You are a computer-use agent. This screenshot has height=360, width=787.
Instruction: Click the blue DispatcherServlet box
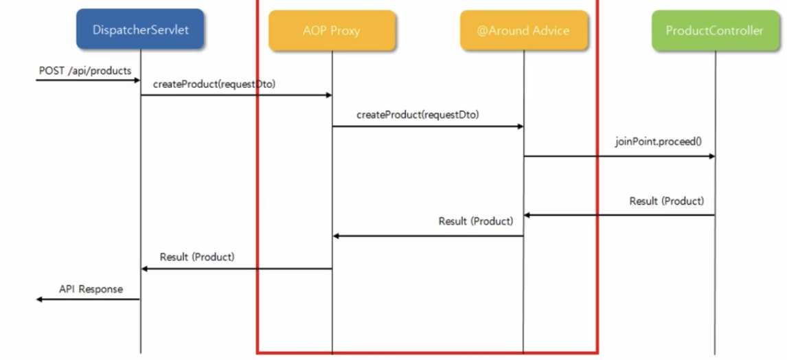140,29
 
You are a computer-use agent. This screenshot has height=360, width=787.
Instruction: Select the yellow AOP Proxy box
332,31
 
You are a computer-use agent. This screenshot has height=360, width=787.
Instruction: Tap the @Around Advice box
523,31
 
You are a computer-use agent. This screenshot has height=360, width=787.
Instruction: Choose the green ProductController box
715,31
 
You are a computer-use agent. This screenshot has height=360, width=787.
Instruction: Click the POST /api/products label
85,70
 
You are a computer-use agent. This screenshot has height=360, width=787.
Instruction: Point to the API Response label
91,289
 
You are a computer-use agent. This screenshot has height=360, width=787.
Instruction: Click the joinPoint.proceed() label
659,141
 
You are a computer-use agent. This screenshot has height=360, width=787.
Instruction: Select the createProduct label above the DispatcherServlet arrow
214,85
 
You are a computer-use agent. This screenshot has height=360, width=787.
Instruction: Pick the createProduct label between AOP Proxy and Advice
418,115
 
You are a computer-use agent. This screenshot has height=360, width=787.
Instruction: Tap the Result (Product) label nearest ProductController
667,201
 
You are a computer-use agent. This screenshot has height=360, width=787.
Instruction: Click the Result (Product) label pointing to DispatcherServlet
197,257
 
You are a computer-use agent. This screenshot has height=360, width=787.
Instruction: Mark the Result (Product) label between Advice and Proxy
476,221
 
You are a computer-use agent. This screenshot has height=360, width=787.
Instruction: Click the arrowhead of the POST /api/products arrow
137,80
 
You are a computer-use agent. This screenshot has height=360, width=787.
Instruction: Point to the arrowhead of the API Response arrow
39,300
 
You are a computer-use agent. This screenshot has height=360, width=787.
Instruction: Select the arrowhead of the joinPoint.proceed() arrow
712,156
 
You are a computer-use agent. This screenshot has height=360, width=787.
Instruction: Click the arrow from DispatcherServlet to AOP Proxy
236,95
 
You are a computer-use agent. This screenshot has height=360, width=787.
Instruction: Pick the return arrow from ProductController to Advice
619,216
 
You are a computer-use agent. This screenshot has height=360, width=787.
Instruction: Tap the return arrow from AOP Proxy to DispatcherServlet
236,269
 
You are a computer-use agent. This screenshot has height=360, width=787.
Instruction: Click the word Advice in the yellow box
551,31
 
